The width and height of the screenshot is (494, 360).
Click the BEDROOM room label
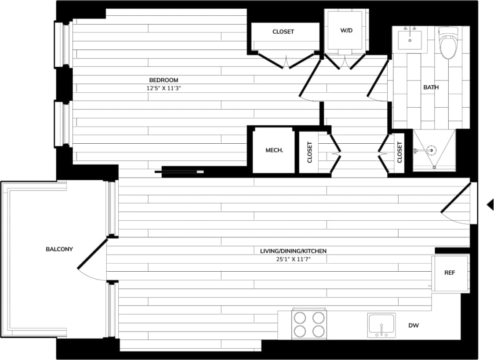(x=163, y=80)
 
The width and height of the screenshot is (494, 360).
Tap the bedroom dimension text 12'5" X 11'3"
(x=163, y=88)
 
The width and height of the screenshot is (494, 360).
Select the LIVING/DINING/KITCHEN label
(x=293, y=251)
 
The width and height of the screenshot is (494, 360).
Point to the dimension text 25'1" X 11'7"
(x=293, y=259)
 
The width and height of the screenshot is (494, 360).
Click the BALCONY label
(x=59, y=249)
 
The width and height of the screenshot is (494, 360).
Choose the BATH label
(x=431, y=87)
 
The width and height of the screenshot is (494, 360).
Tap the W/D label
(x=345, y=31)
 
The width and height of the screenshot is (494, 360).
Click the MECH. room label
(x=274, y=150)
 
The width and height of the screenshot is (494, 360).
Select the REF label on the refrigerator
(x=450, y=273)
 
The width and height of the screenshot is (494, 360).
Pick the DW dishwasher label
(x=414, y=326)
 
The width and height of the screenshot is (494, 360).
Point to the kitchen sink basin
(x=381, y=325)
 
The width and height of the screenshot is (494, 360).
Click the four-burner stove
(x=309, y=324)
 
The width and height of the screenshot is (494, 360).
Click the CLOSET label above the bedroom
(x=283, y=32)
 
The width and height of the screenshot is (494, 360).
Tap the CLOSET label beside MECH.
(x=309, y=152)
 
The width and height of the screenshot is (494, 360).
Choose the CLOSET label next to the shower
(x=399, y=152)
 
